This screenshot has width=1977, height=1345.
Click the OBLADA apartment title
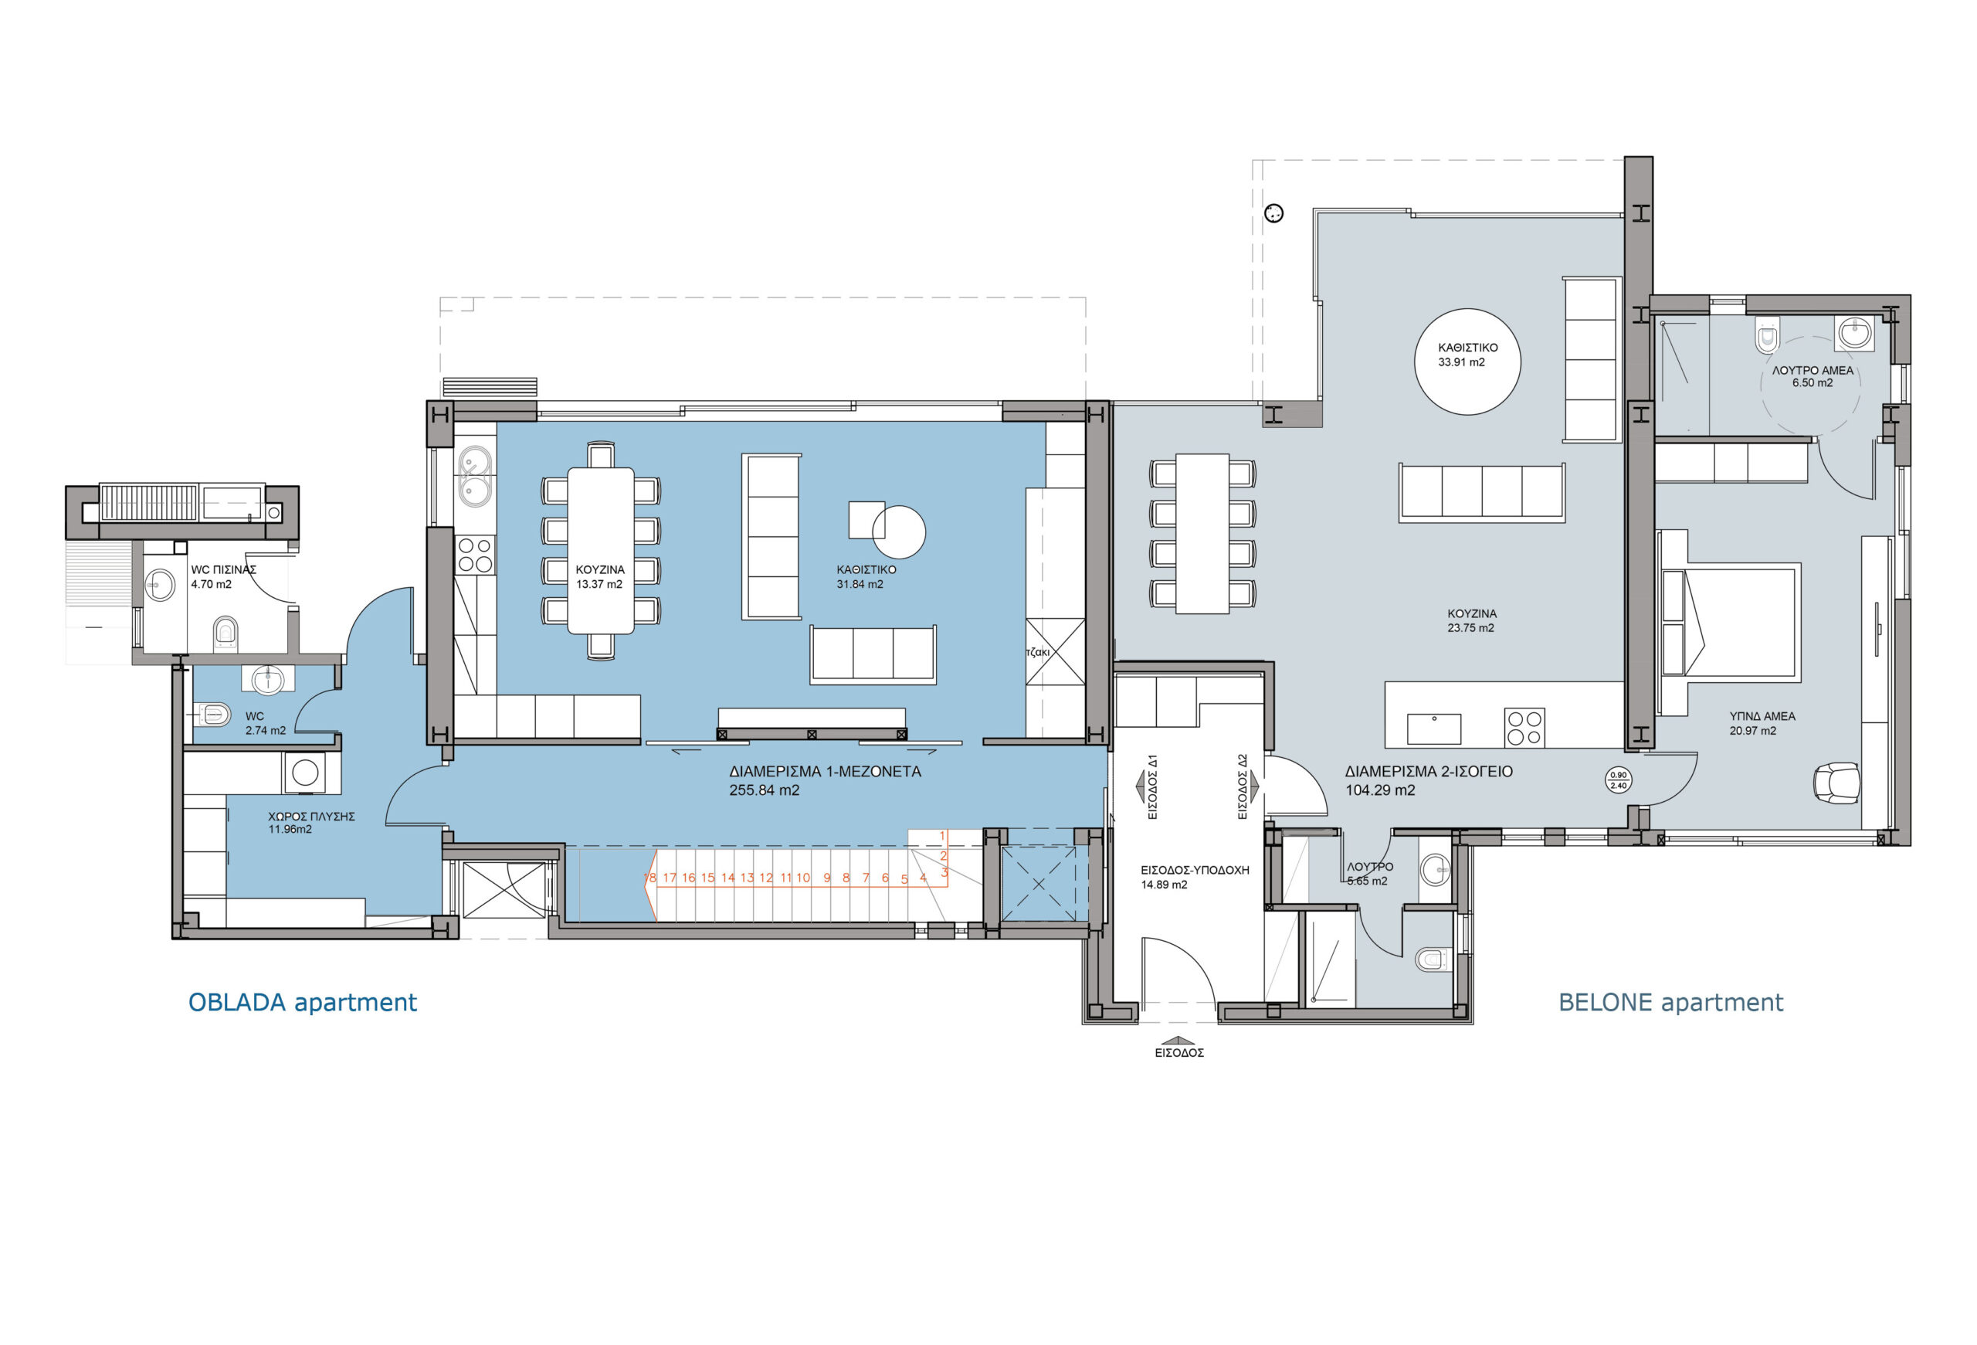point(302,1002)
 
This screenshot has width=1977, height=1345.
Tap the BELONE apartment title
point(1670,1002)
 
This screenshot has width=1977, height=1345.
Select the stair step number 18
point(650,877)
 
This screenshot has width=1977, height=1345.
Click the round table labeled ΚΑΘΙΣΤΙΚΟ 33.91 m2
point(1467,362)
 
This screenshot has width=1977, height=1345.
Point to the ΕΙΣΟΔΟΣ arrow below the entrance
point(1178,1041)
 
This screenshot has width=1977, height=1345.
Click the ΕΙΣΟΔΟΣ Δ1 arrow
point(1140,787)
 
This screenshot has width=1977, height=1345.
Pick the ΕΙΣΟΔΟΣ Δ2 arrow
point(1254,787)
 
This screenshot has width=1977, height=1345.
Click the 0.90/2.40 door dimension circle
point(1618,780)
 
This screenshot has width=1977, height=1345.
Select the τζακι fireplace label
point(1038,652)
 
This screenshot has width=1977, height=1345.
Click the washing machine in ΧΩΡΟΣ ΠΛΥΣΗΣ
point(304,773)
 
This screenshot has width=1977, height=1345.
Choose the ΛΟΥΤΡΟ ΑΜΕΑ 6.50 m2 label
point(1812,376)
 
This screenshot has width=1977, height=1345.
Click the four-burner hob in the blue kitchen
point(476,555)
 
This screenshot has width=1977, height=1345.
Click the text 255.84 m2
point(764,790)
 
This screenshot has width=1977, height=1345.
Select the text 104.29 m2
point(1380,790)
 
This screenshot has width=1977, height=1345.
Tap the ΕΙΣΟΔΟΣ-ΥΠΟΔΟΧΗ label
point(1195,871)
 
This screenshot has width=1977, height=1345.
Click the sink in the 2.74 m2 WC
point(269,680)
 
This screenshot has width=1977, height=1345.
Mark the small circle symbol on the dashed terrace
point(1273,213)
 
